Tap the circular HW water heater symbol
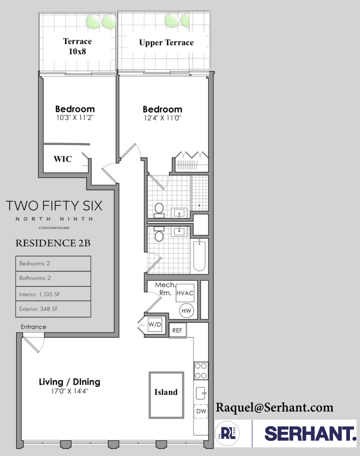pos(186,311)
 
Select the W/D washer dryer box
pos(155,325)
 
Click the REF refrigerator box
pos(177,331)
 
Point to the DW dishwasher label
pos(201,411)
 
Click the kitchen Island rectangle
pos(166,395)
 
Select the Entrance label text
pos(33,327)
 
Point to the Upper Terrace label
pos(166,43)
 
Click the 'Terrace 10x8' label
pos(77,46)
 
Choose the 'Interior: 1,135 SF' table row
pos(53,294)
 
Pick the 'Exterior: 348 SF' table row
pos(53,309)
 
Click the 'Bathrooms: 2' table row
pos(53,278)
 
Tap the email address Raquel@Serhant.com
pos(274,407)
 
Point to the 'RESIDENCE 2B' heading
pos(53,243)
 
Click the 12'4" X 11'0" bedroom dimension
pos(162,118)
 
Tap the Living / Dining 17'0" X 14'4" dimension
pos(69,391)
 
